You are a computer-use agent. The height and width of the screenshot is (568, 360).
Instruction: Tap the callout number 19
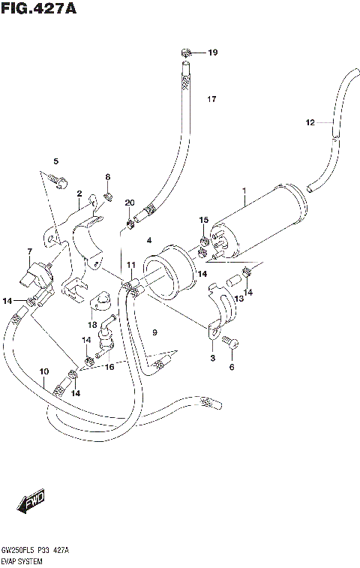pos(212,53)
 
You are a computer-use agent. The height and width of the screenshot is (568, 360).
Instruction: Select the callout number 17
pos(211,100)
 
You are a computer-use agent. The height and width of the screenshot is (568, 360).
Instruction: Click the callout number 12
pos(309,122)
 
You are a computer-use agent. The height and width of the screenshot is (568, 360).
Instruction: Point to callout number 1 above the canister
pos(244,192)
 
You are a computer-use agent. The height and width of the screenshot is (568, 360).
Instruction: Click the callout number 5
pos(55,161)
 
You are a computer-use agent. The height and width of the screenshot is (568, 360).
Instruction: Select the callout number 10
pos(43,371)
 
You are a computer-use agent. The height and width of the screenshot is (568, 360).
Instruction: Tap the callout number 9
pos(154,332)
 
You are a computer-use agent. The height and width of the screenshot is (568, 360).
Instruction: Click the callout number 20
pos(129,203)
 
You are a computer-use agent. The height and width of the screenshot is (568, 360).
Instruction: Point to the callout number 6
pos(232,367)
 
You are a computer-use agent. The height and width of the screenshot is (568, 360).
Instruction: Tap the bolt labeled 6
pos(231,344)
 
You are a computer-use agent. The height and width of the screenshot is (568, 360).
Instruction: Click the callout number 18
pos(92,325)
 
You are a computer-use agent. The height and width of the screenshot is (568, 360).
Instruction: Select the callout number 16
pos(109,367)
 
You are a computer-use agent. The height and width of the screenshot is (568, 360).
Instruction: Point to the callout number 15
pos(203,219)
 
